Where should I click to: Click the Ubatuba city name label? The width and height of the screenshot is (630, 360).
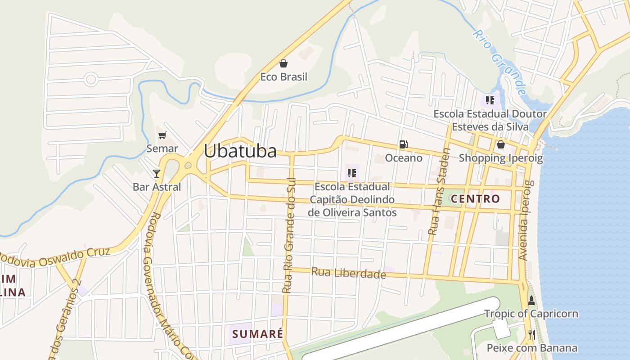click(240, 151)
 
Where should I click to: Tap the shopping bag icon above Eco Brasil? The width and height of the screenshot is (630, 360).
click(283, 63)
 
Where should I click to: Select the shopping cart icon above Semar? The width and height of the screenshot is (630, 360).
click(162, 135)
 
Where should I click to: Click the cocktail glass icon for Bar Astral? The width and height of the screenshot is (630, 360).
click(157, 173)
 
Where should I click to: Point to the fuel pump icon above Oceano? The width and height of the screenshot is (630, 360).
click(404, 144)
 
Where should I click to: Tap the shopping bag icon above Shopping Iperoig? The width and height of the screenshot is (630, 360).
click(500, 144)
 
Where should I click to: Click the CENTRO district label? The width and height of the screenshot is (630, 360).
click(475, 199)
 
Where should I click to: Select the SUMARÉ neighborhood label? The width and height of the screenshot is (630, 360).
click(258, 334)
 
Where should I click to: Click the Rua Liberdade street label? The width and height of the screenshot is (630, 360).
click(349, 273)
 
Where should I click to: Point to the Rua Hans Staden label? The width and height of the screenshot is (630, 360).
click(438, 192)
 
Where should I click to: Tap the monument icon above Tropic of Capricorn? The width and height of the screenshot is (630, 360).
click(531, 301)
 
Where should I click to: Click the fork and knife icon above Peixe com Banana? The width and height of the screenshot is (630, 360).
click(531, 334)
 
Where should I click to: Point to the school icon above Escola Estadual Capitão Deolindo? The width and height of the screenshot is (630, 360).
click(352, 173)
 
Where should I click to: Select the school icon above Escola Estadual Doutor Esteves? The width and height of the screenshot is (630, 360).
click(490, 100)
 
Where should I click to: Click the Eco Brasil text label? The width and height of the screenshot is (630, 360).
click(283, 77)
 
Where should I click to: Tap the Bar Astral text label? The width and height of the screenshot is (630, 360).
click(157, 187)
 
